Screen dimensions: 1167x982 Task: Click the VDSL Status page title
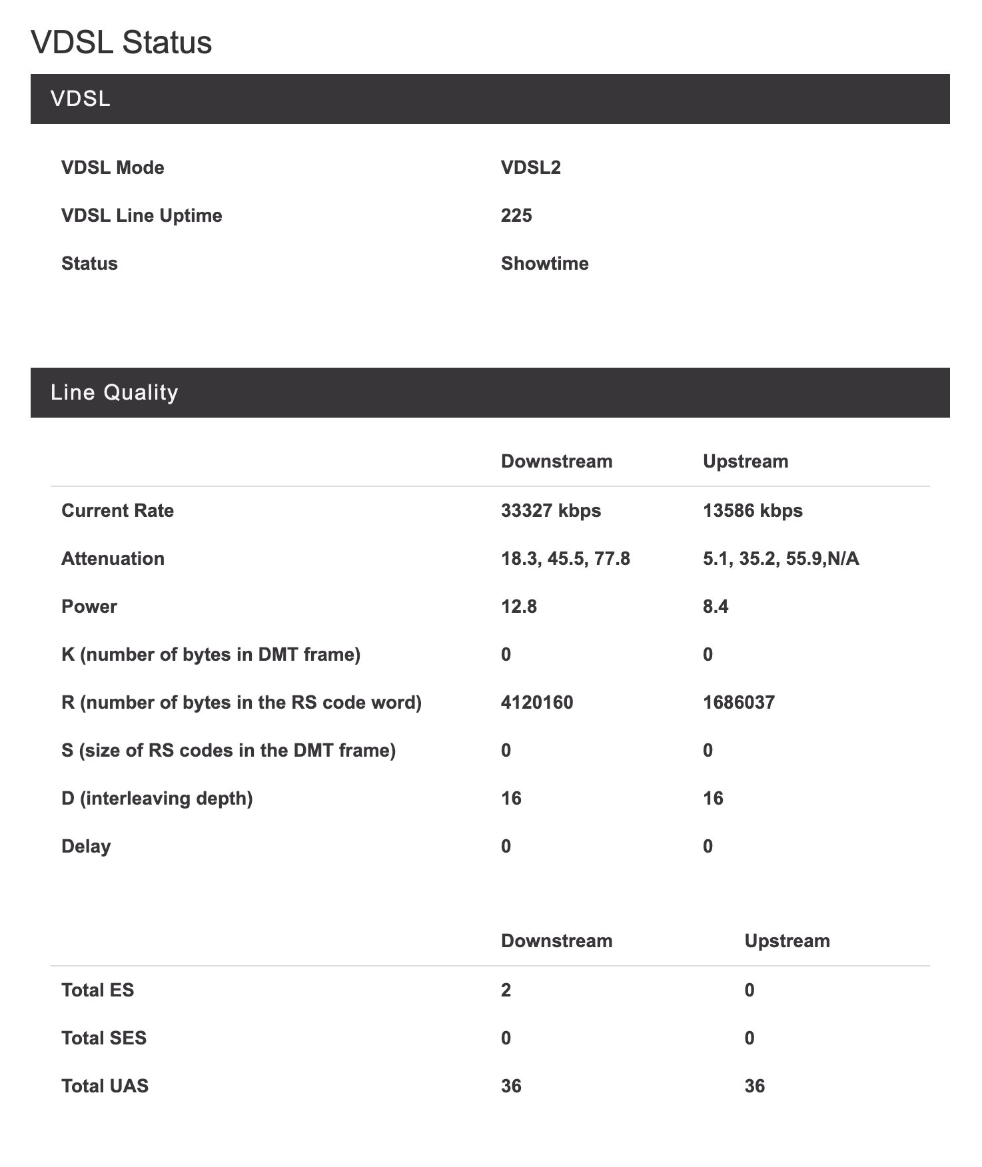point(121,43)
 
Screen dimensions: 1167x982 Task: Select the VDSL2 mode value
point(530,167)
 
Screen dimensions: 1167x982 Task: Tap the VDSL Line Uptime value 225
point(516,215)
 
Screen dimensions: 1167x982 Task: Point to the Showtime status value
point(544,263)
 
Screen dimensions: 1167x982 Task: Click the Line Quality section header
point(114,392)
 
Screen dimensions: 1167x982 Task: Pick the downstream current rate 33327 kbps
point(550,510)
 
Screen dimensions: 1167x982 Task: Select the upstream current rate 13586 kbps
point(752,510)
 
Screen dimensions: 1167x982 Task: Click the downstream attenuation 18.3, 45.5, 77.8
point(565,558)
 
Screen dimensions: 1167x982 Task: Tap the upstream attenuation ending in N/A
point(781,558)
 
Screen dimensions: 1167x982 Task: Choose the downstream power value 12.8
point(518,606)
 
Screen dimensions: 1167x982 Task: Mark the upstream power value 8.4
point(715,606)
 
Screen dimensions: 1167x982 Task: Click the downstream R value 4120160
point(536,702)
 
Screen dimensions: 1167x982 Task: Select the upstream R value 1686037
point(738,702)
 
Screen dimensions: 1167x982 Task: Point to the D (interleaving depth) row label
point(157,798)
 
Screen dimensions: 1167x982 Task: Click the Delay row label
point(86,846)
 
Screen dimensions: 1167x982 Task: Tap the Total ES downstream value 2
point(506,990)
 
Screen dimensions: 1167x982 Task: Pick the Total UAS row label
point(105,1086)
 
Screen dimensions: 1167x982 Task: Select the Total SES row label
point(103,1038)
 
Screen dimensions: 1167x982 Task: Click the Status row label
point(89,263)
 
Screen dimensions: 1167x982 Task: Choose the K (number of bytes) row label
point(211,654)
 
